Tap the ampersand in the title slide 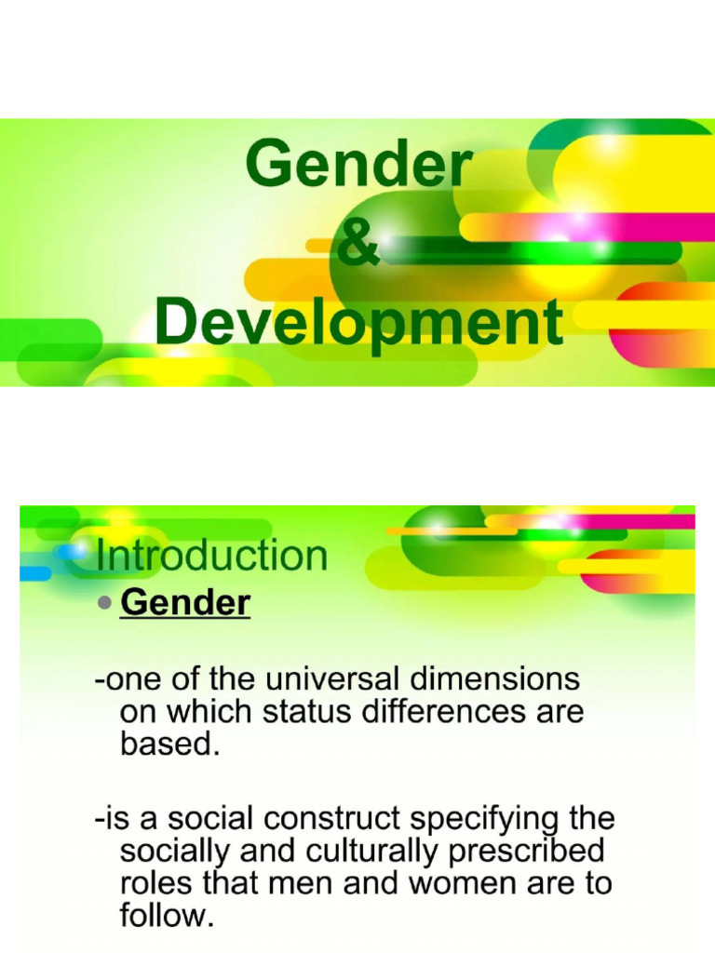[358, 245]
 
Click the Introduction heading [211, 556]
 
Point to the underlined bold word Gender [185, 603]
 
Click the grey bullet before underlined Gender [105, 603]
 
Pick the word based [169, 745]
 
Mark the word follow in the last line [165, 916]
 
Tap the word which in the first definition [201, 713]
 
